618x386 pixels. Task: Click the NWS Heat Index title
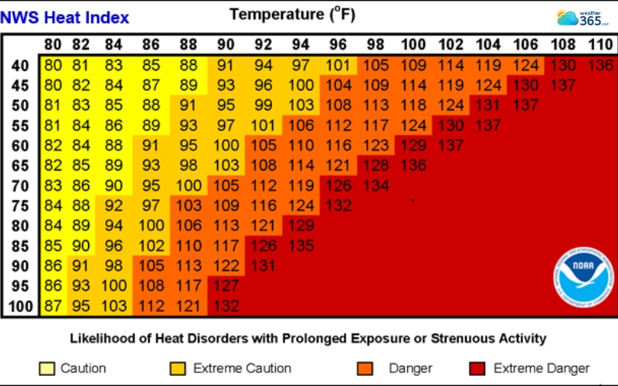pos(66,17)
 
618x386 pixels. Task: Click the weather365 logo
pos(583,18)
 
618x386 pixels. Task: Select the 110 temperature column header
pos(599,46)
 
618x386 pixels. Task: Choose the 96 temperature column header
pos(338,46)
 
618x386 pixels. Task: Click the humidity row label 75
pos(21,205)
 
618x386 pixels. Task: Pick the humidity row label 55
pos(21,125)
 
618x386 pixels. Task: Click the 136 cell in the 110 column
pos(599,66)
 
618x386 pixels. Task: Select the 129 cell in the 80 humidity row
pos(301,225)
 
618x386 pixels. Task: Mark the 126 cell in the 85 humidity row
pos(263,245)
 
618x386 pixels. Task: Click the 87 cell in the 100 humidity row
pos(53,306)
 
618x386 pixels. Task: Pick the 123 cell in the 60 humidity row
pos(376,145)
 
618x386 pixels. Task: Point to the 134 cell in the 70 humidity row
pos(376,185)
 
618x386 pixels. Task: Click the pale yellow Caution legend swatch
pos(46,368)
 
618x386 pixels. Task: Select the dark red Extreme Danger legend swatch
pos(478,368)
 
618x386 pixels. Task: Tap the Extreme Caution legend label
pos(242,368)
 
